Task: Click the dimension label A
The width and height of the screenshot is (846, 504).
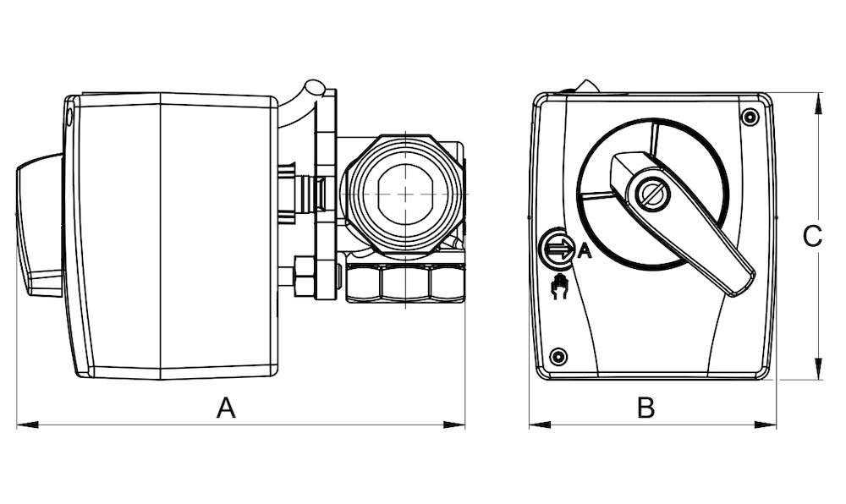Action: coord(225,408)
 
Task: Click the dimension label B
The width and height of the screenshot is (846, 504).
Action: coord(645,408)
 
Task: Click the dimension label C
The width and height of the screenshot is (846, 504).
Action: coord(811,237)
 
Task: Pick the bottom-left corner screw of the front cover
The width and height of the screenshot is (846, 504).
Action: coord(558,355)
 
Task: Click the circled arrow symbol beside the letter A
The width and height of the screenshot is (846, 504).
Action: coord(556,249)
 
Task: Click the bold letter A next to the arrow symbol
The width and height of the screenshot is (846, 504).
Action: coord(583,249)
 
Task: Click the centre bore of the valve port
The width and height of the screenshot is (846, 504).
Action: coord(406,192)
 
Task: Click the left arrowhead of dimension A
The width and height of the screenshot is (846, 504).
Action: coord(21,424)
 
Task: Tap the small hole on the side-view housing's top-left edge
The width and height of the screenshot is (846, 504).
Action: coord(69,118)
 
